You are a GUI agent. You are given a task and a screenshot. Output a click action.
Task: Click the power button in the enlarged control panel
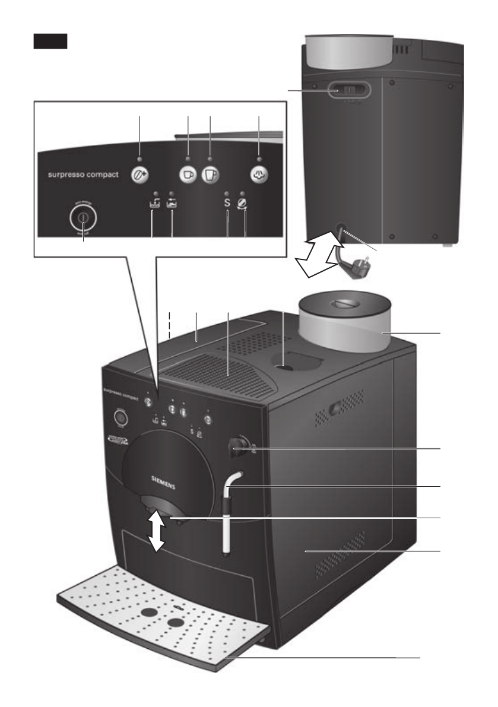coord(83,217)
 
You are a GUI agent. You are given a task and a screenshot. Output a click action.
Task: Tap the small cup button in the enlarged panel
coord(188,175)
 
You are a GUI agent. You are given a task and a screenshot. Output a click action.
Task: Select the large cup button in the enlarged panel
coord(211,175)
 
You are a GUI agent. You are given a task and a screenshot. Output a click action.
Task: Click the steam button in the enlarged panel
coord(259,175)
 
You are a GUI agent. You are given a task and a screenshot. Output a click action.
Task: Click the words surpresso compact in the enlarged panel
coord(83,175)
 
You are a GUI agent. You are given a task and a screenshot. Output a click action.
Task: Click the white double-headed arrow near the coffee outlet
coord(157,531)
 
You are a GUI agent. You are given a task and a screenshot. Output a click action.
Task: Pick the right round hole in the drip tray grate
coord(175,622)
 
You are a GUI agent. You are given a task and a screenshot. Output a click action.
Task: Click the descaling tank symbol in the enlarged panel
coord(172,205)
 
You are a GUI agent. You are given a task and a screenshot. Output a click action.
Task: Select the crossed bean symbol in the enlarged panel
coord(245,205)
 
